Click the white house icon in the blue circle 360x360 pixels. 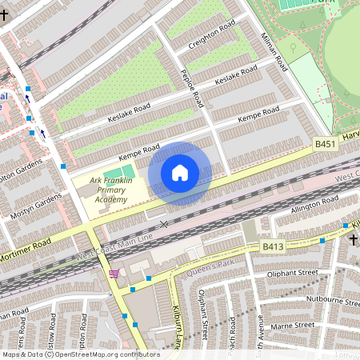180,173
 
